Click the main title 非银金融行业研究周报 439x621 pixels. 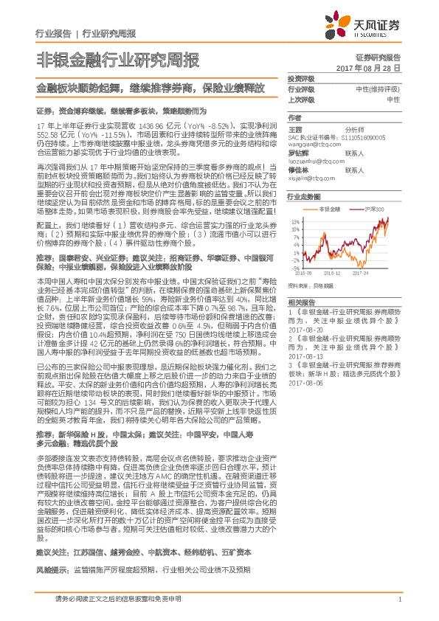point(117,60)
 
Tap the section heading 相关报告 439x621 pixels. point(302,304)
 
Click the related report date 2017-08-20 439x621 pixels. point(303,330)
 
